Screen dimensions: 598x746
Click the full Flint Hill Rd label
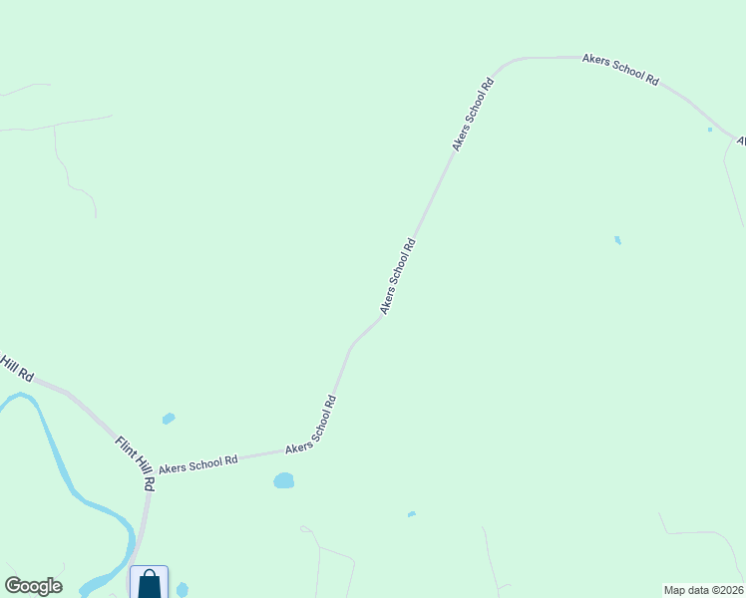pos(135,462)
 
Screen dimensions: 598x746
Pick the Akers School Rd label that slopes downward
pos(620,69)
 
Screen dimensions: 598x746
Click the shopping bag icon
pos(149,583)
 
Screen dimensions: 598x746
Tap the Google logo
pos(33,586)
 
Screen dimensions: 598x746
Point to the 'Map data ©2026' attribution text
pos(703,590)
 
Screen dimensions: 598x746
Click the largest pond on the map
pos(283,481)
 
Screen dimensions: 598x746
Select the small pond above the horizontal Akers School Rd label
pos(169,419)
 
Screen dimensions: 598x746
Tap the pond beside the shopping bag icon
pos(182,590)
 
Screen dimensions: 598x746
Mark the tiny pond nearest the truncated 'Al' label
pos(710,130)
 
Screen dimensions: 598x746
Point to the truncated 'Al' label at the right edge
pos(741,142)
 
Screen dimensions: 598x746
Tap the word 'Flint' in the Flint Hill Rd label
pos(124,447)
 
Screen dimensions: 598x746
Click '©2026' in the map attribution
pos(726,590)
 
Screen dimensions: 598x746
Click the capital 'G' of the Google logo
pos(13,585)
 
